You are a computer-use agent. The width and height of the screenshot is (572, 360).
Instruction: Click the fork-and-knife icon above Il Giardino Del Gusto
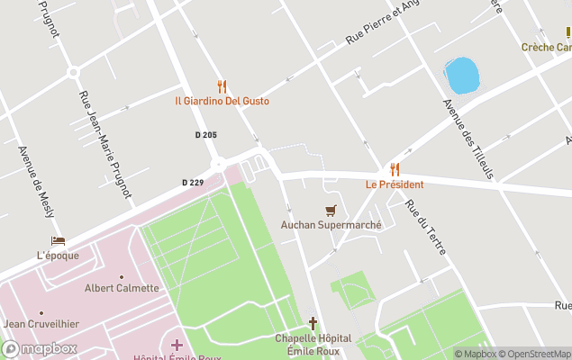pos(222,86)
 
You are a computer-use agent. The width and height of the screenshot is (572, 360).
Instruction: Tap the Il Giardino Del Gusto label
pos(222,101)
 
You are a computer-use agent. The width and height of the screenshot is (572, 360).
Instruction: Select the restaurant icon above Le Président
pos(395,169)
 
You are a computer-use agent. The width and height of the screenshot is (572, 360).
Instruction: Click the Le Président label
pos(395,184)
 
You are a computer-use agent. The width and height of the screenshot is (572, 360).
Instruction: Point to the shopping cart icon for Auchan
pos(331,211)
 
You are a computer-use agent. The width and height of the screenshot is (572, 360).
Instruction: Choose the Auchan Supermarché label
pos(331,225)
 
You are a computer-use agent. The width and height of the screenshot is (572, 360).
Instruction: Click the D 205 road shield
pos(205,135)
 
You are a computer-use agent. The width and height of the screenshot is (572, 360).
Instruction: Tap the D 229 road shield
pos(193,183)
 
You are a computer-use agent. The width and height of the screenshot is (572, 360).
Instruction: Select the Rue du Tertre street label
pos(425,226)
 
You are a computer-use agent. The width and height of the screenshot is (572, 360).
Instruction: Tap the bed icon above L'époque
pos(58,241)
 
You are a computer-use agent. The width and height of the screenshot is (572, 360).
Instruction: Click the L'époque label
pos(58,255)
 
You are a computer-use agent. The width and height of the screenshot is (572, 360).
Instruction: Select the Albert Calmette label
pos(122,288)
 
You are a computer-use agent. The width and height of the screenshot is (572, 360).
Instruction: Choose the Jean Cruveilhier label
pos(41,324)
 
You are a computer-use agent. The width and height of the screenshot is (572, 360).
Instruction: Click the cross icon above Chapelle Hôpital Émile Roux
pos(313,323)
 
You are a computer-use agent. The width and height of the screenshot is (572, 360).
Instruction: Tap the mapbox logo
pos(40,348)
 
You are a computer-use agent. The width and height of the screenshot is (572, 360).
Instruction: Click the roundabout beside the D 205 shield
pos(218,164)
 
